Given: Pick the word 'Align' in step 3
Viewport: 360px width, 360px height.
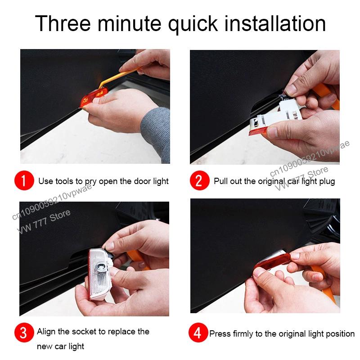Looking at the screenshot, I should tap(46, 332).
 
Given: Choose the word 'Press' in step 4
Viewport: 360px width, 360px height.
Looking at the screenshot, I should tap(219, 334).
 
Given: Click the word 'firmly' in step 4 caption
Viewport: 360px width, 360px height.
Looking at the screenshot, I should tap(242, 334).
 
